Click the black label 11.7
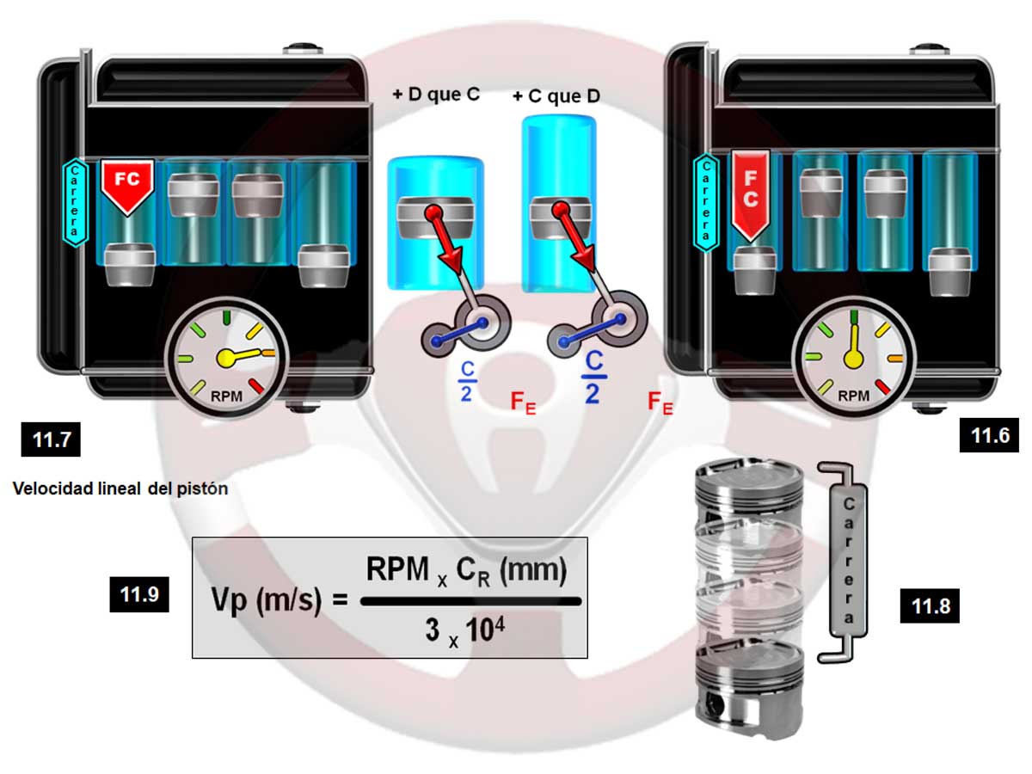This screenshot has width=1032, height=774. pyautogui.click(x=51, y=442)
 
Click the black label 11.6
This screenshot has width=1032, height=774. pyautogui.click(x=989, y=436)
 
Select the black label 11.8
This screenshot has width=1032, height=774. pyautogui.click(x=930, y=607)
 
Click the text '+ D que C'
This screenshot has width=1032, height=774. pyautogui.click(x=436, y=95)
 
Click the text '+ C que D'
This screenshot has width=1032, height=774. pyautogui.click(x=556, y=95)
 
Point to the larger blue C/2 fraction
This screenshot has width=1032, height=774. pyautogui.click(x=592, y=377)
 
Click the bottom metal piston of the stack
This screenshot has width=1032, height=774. pyautogui.click(x=748, y=688)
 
